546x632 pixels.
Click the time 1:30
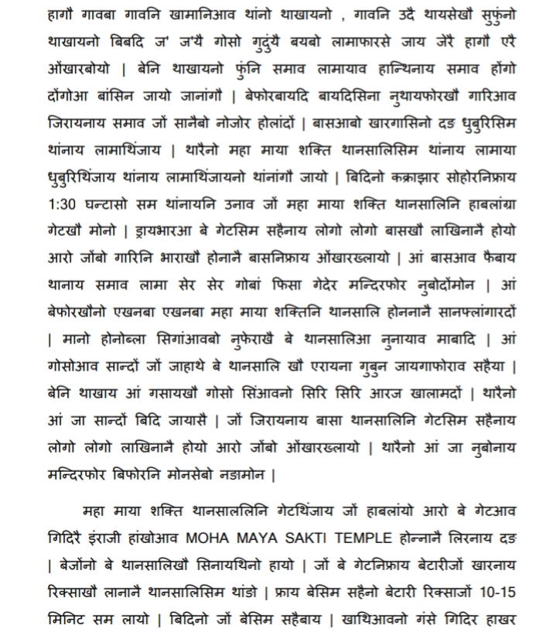click(x=61, y=204)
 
